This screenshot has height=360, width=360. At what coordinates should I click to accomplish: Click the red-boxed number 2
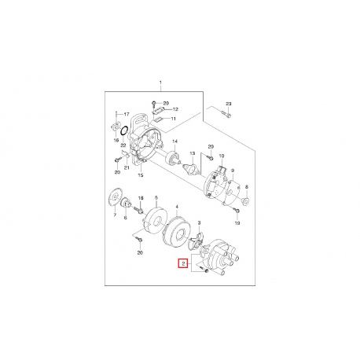[x=184, y=263]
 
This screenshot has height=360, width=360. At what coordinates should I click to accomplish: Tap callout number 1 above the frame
[x=160, y=83]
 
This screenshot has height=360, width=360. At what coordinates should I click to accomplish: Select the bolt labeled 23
[x=227, y=114]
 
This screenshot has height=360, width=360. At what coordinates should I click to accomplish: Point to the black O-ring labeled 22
[x=124, y=130]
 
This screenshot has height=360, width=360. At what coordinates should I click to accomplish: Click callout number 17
[x=127, y=114]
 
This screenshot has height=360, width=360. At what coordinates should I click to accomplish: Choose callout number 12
[x=175, y=109]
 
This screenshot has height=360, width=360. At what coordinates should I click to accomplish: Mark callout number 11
[x=173, y=119]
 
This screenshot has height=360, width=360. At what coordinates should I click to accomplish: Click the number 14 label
[x=174, y=141]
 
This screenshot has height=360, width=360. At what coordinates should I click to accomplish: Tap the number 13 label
[x=193, y=153]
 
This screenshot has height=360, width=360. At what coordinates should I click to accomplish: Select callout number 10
[x=222, y=156]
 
